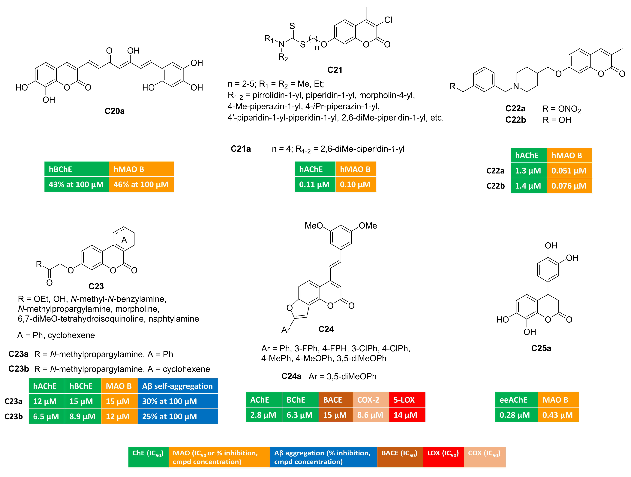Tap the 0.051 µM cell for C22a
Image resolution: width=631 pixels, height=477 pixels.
569,171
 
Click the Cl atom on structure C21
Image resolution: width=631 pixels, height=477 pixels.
388,20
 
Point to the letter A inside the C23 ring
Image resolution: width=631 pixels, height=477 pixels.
124,240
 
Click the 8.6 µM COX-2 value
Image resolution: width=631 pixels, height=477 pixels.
370,415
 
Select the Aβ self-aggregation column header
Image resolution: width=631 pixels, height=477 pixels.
177,386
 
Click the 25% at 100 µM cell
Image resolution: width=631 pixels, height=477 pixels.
170,417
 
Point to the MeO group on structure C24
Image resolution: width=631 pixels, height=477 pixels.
314,226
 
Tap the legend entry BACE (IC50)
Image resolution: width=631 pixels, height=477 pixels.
399,454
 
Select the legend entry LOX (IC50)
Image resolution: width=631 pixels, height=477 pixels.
443,454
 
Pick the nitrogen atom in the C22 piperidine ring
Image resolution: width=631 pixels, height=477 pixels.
516,86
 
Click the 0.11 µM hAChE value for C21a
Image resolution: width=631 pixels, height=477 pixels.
314,185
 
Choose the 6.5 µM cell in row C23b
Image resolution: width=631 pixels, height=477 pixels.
46,417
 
